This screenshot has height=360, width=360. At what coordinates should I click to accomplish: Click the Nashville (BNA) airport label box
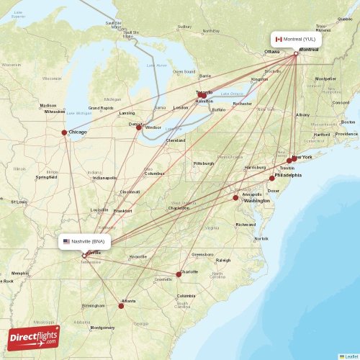pyautogui.click(x=86, y=242)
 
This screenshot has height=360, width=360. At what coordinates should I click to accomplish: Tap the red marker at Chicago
pyautogui.click(x=65, y=132)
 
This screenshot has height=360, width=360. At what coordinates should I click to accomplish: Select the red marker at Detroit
pyautogui.click(x=139, y=127)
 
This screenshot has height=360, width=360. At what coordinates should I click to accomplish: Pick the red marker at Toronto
pyautogui.click(x=202, y=94)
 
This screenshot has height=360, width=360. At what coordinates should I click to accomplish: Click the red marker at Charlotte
pyautogui.click(x=179, y=274)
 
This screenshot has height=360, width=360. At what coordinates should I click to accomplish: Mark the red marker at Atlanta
pyautogui.click(x=121, y=305)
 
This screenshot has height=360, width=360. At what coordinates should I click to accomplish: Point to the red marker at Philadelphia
pyautogui.click(x=272, y=178)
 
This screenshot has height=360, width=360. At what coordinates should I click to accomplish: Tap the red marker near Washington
pyautogui.click(x=235, y=197)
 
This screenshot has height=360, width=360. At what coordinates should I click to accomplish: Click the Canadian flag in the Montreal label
pyautogui.click(x=279, y=38)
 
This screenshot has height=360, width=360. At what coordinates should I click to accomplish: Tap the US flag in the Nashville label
pyautogui.click(x=67, y=242)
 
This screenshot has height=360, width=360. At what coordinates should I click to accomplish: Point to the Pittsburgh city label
pyautogui.click(x=204, y=163)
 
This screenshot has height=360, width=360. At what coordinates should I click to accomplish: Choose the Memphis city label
pyautogui.click(x=20, y=273)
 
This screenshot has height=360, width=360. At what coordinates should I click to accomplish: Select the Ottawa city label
pyautogui.click(x=271, y=52)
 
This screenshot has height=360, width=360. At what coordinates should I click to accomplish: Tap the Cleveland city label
pyautogui.click(x=176, y=140)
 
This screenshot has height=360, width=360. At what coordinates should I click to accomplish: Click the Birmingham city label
pyautogui.click(x=93, y=305)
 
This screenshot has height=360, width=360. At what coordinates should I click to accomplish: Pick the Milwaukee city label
pyautogui.click(x=55, y=112)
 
